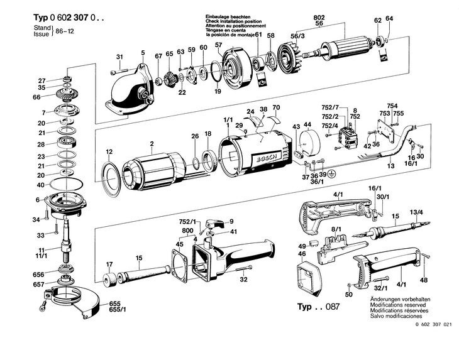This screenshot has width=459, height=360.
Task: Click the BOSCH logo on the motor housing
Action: click(x=267, y=158)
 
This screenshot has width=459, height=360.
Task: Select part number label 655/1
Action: click(x=117, y=309)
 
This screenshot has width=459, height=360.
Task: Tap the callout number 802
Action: click(x=319, y=18)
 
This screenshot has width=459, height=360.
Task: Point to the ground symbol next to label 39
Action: click(x=331, y=173)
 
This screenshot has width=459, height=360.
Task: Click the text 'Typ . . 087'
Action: click(x=319, y=307)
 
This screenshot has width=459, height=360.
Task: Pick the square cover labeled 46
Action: click(x=309, y=278)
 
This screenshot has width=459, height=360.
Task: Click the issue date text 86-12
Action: click(x=65, y=31)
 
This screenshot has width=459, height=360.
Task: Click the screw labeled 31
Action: click(x=119, y=71)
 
